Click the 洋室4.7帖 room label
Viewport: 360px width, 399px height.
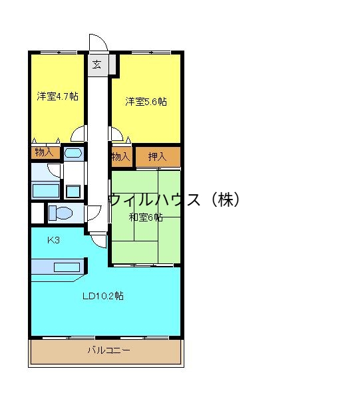57,96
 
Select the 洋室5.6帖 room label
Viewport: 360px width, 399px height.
146,102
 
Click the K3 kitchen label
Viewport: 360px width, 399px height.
53,240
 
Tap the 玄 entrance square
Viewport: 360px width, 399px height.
96,65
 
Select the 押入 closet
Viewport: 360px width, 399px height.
158,157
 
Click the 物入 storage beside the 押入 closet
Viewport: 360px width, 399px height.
120,157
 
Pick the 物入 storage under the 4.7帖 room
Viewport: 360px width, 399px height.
44,152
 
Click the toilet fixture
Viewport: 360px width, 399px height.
61,213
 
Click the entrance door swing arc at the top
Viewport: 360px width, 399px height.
97,41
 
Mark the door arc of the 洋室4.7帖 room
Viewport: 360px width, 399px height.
79,134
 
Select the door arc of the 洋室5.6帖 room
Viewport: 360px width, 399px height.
118,134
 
